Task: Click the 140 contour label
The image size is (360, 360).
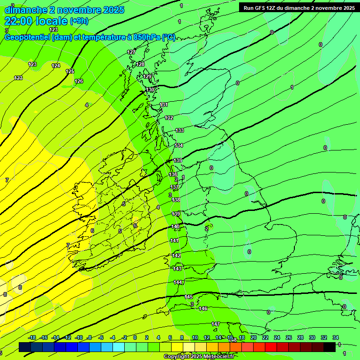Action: click(175, 226)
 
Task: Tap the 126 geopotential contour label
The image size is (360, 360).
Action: click(79, 81)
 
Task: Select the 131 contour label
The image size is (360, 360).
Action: click(164, 105)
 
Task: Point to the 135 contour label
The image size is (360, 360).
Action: click(178, 160)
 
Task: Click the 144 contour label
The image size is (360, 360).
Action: click(178, 282)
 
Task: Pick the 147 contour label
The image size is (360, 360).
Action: click(216, 324)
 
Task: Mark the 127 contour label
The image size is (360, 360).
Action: click(131, 52)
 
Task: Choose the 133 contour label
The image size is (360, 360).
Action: click(180, 130)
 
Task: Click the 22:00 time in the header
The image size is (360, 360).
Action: click(20, 21)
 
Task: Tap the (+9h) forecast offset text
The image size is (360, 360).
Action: click(79, 21)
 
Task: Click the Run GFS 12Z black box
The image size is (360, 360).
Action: click(299, 8)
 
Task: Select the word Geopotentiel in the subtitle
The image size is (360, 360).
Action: click(27, 37)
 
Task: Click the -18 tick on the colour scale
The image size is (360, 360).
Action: click(32, 337)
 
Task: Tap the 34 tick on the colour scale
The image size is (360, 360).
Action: click(336, 337)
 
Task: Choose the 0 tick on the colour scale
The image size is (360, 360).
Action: click(135, 337)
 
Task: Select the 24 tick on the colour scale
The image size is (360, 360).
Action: click(277, 337)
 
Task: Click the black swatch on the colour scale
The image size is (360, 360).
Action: click(330, 347)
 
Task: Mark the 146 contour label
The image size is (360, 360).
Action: click(203, 308)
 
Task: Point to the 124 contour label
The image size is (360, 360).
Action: click(56, 66)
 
